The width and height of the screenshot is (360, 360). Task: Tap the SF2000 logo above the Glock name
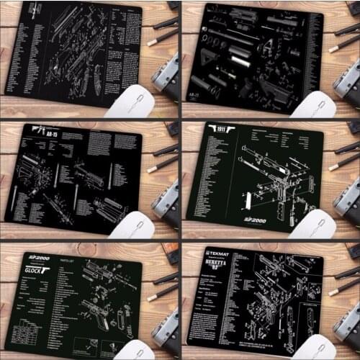[x=37, y=258]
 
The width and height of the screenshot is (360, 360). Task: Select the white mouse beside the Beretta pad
[x=311, y=346]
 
